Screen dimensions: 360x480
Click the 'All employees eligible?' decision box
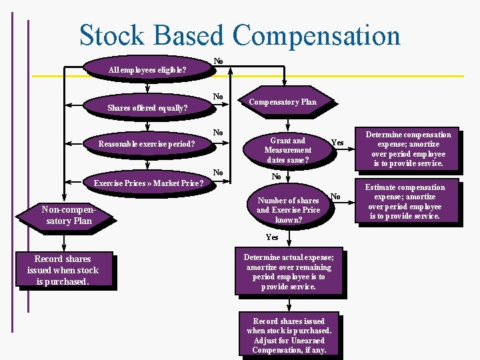[147, 69]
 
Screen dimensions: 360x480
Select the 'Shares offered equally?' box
[147, 107]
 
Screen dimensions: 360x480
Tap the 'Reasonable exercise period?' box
[147, 143]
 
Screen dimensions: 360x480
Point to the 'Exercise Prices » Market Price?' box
[148, 183]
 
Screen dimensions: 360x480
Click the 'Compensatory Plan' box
[283, 102]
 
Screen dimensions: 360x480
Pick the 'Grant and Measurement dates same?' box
[288, 150]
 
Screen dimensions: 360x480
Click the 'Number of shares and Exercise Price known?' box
[288, 209]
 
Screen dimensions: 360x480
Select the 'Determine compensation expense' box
[408, 148]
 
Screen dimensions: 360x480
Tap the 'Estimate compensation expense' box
[408, 201]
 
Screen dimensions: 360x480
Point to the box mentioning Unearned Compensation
[289, 335]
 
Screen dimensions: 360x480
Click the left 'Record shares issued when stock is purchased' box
[63, 270]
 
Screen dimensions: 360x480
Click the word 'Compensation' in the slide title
[317, 35]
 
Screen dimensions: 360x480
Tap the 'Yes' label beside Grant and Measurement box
[337, 143]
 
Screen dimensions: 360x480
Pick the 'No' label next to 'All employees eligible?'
[218, 61]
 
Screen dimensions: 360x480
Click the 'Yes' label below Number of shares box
[272, 237]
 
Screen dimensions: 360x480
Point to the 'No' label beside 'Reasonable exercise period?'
[218, 133]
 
